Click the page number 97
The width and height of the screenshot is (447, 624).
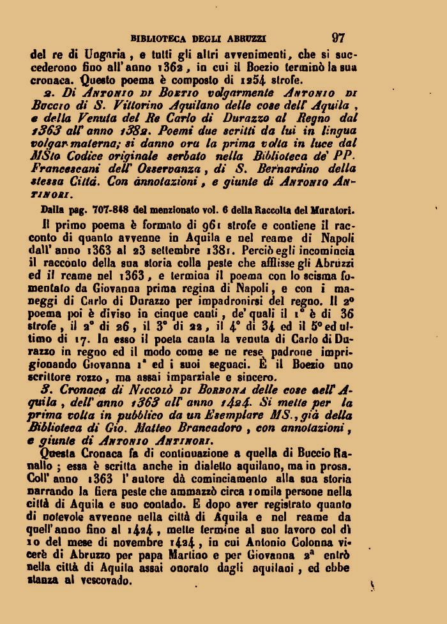coord(339,38)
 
